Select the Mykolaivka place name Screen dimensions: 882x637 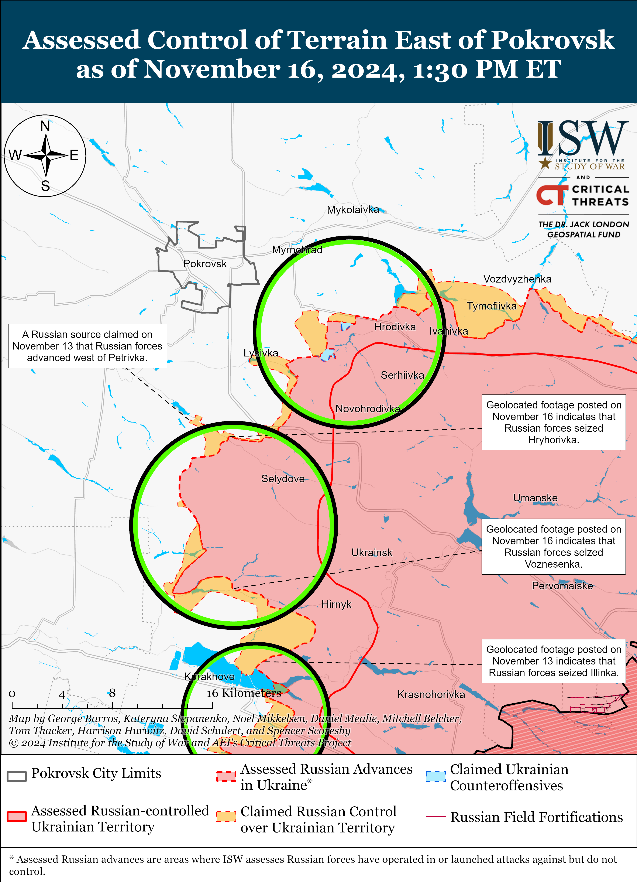(352, 210)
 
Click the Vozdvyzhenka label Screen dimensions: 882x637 (517, 279)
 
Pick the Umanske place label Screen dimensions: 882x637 (535, 498)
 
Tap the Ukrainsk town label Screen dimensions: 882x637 (372, 553)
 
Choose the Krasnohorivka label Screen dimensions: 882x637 (431, 695)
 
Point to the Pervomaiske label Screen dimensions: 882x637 (562, 586)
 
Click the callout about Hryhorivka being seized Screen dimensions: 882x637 (553, 422)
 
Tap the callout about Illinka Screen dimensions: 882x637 (553, 661)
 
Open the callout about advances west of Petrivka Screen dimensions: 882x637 (87, 346)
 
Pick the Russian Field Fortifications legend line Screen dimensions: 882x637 (435, 817)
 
